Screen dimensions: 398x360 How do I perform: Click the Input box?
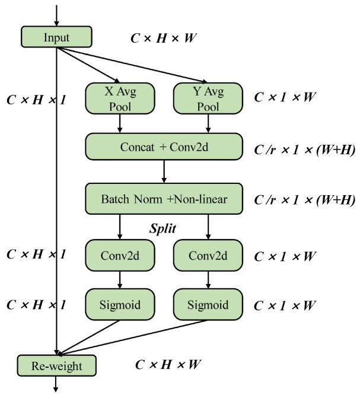(57, 37)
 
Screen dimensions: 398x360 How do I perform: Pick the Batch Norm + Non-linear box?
(164, 198)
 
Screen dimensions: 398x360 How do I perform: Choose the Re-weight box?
(57, 364)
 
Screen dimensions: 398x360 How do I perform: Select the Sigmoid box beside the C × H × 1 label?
(120, 305)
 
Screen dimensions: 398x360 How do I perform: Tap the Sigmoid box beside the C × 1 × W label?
(208, 305)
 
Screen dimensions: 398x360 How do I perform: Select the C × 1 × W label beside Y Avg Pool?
(285, 97)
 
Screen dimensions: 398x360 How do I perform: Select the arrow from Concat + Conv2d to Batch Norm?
(164, 173)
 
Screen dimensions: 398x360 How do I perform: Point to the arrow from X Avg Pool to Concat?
(120, 122)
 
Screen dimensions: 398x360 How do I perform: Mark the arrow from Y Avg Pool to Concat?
(208, 122)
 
